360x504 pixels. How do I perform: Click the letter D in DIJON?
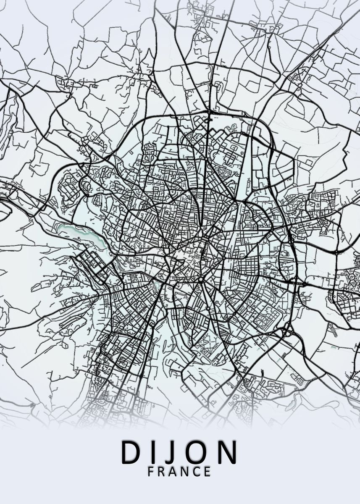pyautogui.click(x=131, y=452)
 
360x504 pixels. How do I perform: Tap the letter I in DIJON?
pyautogui.click(x=155, y=452)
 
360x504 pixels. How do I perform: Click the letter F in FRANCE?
pyautogui.click(x=151, y=472)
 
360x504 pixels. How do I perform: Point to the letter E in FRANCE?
pyautogui.click(x=208, y=472)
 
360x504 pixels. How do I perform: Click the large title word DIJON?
pyautogui.click(x=180, y=452)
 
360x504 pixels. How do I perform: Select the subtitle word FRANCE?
pyautogui.click(x=179, y=472)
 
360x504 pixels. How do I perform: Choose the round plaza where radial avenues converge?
pyautogui.click(x=201, y=279)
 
